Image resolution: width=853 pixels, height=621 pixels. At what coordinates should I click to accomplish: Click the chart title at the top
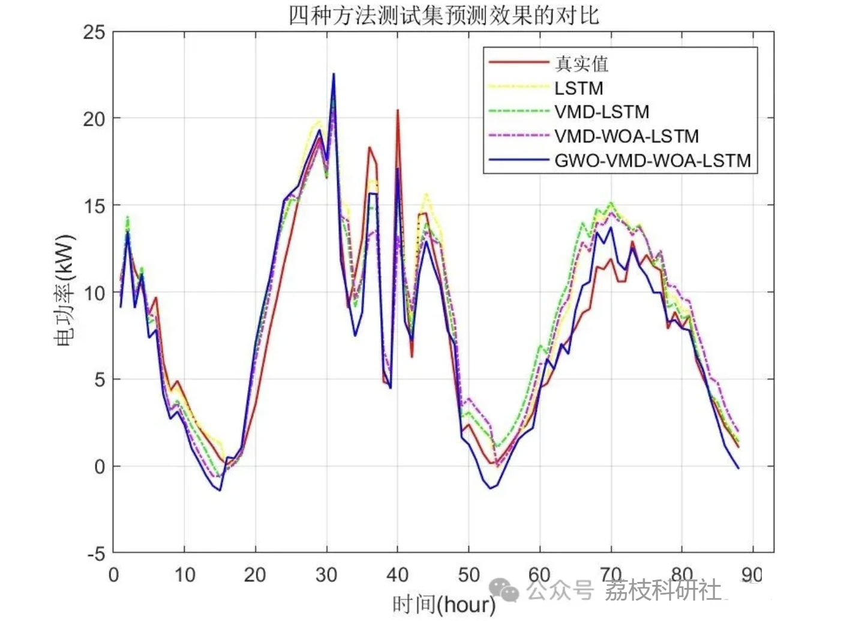(x=444, y=15)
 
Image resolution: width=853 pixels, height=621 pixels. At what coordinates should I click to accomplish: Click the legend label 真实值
(x=581, y=63)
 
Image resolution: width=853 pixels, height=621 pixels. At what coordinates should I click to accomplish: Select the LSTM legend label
(x=578, y=88)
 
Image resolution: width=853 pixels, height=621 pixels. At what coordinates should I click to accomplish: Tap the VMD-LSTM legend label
(x=602, y=112)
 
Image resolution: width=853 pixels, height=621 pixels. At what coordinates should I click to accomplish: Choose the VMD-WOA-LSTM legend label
(x=626, y=136)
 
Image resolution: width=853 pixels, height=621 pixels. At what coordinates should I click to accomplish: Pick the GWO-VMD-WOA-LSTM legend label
(x=653, y=161)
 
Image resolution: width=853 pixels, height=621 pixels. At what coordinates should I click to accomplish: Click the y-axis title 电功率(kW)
(x=64, y=291)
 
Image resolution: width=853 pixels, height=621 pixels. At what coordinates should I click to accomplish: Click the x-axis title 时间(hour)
(x=444, y=604)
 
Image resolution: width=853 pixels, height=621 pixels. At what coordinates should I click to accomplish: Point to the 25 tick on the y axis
(x=94, y=32)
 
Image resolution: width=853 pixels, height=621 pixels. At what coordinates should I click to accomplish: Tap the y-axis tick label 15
(x=94, y=206)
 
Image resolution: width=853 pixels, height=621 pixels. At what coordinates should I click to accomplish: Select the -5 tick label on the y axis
(x=96, y=554)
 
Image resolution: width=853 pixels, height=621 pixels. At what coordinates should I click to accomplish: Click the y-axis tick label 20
(x=94, y=119)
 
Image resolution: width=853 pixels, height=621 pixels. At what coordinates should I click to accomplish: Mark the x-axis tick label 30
(x=326, y=575)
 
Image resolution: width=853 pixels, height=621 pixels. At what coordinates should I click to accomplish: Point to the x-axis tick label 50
(x=468, y=575)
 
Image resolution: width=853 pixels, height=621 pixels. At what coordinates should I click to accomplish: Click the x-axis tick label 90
(x=752, y=575)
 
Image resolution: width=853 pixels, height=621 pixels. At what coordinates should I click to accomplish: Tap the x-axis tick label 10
(x=185, y=575)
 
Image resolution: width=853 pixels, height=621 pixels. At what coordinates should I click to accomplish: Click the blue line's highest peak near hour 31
(x=334, y=74)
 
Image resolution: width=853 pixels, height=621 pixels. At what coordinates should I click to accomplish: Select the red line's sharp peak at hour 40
(x=397, y=111)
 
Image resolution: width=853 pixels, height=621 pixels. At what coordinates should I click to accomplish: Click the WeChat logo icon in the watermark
(x=504, y=590)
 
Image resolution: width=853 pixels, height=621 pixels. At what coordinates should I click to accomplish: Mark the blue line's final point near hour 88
(x=738, y=468)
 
